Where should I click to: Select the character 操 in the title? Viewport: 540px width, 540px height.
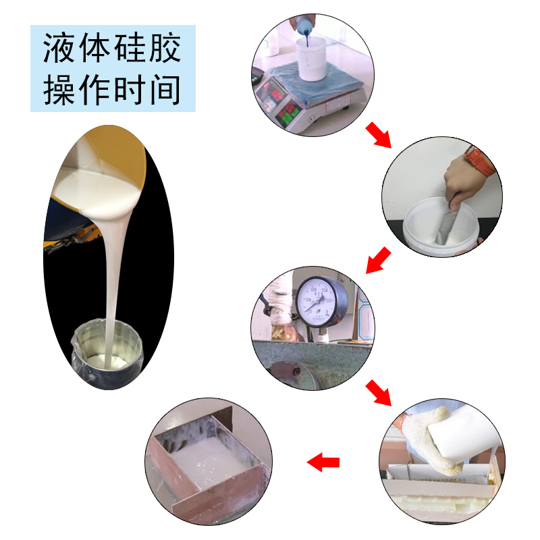click(x=59, y=90)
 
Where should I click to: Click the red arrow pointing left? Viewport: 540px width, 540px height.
click(x=323, y=462)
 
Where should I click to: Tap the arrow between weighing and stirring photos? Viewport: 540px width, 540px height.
click(x=378, y=134)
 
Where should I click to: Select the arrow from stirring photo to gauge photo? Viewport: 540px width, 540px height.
click(x=379, y=260)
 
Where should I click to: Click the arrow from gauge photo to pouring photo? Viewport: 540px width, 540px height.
click(x=378, y=392)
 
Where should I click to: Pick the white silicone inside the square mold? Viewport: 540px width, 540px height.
click(x=202, y=466)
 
